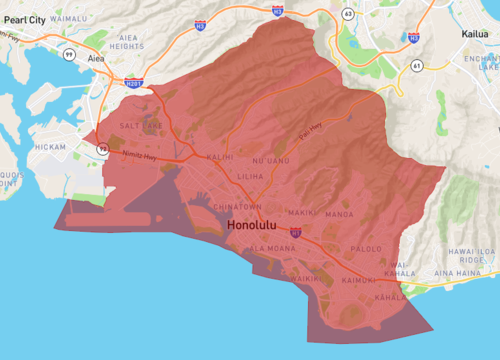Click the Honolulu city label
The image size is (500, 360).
[x=259, y=225]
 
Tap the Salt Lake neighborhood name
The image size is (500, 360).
[x=140, y=126]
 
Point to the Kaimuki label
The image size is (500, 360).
[x=358, y=281]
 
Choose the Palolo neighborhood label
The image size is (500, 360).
[x=367, y=249]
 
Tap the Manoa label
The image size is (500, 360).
[x=339, y=214]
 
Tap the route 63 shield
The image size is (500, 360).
[x=349, y=15]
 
